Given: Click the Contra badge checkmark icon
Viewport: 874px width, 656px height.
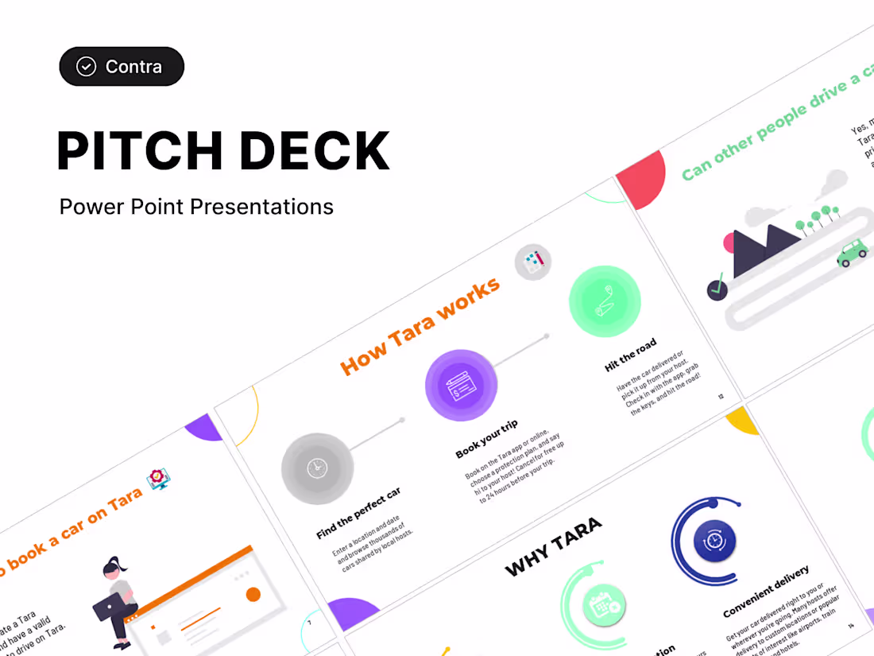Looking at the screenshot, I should pos(86,67).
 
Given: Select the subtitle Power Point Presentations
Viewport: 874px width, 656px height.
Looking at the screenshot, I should pos(196,208).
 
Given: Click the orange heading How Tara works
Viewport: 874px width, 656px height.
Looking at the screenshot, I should pos(420,325).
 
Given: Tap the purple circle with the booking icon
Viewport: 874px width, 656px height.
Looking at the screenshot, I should pos(461,386).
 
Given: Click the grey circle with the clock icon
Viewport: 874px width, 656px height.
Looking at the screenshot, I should pos(317,468).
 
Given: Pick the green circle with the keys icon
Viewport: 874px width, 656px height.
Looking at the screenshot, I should pos(604,301).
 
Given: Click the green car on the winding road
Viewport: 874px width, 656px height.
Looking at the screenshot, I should pos(852,253).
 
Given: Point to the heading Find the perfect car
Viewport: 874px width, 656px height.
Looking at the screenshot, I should pos(358,514).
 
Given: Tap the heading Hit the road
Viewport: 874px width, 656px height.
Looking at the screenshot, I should pos(631,355).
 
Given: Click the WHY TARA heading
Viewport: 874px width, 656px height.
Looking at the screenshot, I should pos(553,546).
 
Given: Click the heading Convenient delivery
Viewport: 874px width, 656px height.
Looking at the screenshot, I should pos(766,591).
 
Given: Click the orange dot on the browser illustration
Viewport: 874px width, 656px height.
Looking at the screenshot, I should pos(253,594).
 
